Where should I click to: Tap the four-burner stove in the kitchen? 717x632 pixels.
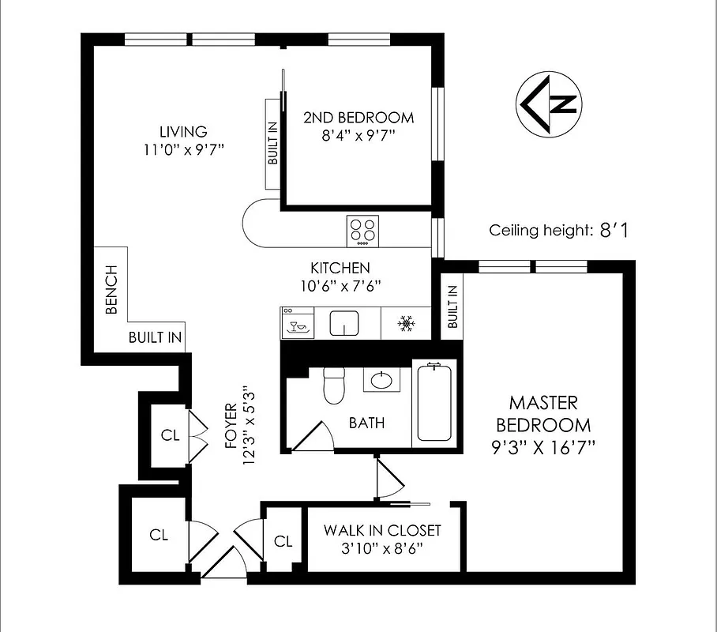(362, 231)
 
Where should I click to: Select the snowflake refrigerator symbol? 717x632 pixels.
(407, 324)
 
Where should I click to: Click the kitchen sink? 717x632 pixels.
(345, 323)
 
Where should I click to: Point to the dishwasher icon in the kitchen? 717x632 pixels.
(298, 324)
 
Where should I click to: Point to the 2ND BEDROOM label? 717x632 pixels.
(358, 118)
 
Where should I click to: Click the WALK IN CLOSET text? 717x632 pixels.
(382, 530)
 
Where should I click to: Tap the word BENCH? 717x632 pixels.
(111, 290)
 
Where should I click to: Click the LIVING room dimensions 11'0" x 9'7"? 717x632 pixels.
(182, 149)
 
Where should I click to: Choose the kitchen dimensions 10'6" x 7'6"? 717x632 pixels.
(340, 286)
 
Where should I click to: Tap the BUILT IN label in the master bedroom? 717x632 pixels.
(452, 307)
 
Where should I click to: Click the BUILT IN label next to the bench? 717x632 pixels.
(156, 338)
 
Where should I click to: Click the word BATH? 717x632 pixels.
(367, 423)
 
